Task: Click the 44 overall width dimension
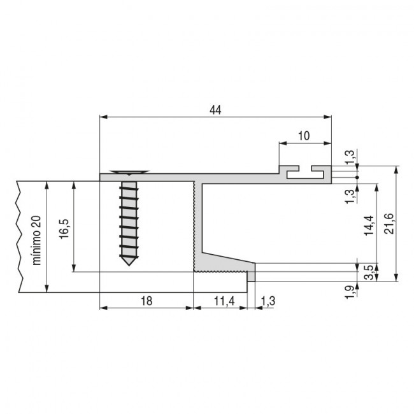click(215, 110)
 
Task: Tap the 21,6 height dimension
click(390, 224)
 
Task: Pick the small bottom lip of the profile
click(251, 276)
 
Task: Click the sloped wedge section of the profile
click(226, 261)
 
